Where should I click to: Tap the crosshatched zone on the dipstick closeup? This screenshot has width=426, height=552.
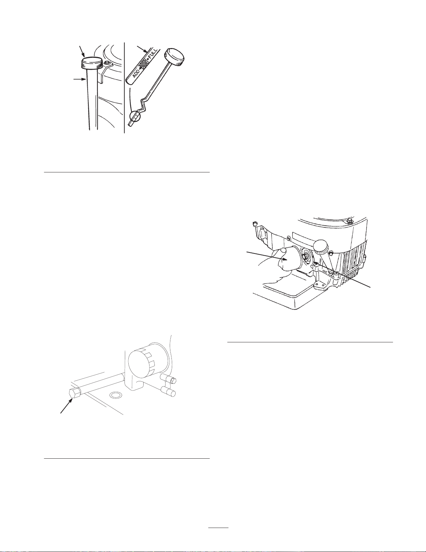pos(144,62)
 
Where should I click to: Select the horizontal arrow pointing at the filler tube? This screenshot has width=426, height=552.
pos(79,79)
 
